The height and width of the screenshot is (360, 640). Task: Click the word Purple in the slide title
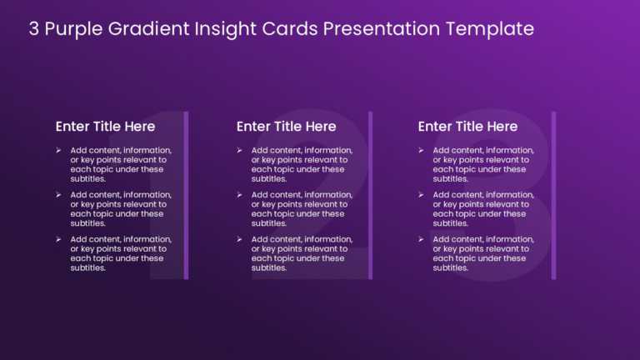74,29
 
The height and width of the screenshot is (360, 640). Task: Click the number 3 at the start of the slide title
34,29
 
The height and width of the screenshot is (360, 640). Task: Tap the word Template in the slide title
489,29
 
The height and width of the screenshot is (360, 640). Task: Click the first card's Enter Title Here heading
105,127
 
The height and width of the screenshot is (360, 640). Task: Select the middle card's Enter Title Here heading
286,127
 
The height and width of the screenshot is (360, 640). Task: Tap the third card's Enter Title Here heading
467,127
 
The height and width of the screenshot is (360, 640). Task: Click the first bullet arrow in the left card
58,150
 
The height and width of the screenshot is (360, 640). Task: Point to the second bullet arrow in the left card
58,195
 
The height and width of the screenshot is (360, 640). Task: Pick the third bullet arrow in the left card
58,239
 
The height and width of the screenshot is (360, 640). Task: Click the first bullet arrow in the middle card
239,150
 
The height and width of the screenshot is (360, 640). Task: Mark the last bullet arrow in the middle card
239,239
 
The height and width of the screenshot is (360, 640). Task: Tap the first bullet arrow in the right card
421,150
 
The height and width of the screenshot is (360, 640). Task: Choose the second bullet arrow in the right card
421,195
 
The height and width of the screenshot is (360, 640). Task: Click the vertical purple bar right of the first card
186,195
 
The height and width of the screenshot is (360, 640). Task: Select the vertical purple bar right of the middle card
370,195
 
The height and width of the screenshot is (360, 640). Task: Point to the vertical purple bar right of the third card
553,195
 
